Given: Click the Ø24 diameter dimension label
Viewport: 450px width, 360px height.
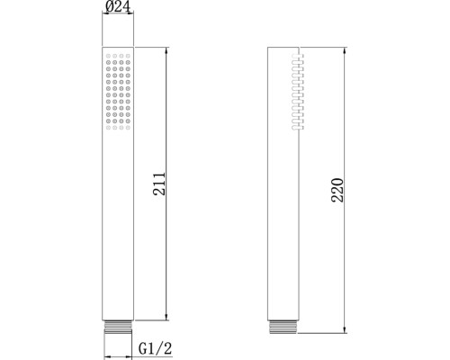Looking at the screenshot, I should tap(117, 9).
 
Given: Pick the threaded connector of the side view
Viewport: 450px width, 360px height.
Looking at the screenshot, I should tap(283, 327).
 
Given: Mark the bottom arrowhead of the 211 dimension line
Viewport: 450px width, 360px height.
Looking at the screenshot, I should tap(168, 317).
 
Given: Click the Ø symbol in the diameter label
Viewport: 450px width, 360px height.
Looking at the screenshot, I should tap(108, 9).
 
